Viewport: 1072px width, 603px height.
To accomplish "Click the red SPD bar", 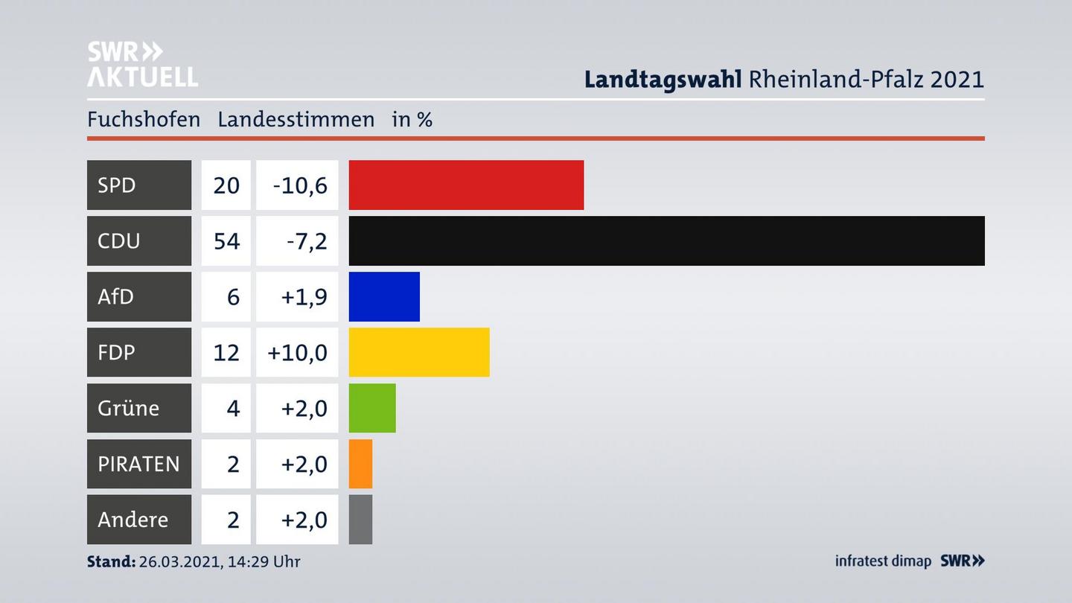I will [466, 185].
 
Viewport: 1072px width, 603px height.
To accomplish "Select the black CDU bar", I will [666, 240].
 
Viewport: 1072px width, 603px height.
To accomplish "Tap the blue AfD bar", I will [384, 296].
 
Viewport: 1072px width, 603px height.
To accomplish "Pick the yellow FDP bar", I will [419, 352].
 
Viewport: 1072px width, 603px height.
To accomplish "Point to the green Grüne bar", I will [372, 408].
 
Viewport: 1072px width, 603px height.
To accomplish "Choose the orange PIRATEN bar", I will [360, 464].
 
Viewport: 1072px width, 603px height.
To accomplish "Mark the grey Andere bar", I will [360, 520].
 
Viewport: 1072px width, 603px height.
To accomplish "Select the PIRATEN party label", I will [139, 464].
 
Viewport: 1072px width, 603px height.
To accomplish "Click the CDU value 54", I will [226, 240].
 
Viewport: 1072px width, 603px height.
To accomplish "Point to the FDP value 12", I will [226, 352].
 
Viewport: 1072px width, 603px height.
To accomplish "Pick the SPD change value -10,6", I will [299, 185].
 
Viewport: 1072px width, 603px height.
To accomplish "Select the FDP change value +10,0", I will [298, 352].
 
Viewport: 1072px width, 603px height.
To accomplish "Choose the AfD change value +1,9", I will [303, 296].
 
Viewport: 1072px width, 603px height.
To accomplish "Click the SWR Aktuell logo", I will [142, 64].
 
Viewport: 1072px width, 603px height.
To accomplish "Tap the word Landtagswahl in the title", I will [663, 79].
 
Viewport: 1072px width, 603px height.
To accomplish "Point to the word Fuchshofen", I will [144, 119].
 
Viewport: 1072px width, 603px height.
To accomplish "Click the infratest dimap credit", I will [883, 561].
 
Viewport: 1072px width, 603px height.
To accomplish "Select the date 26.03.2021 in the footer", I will [179, 561].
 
